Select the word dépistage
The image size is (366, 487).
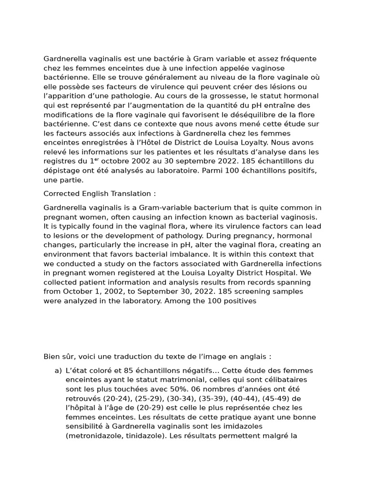click(x=61, y=171)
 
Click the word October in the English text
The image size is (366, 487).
click(x=79, y=292)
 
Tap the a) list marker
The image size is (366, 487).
click(x=58, y=370)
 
